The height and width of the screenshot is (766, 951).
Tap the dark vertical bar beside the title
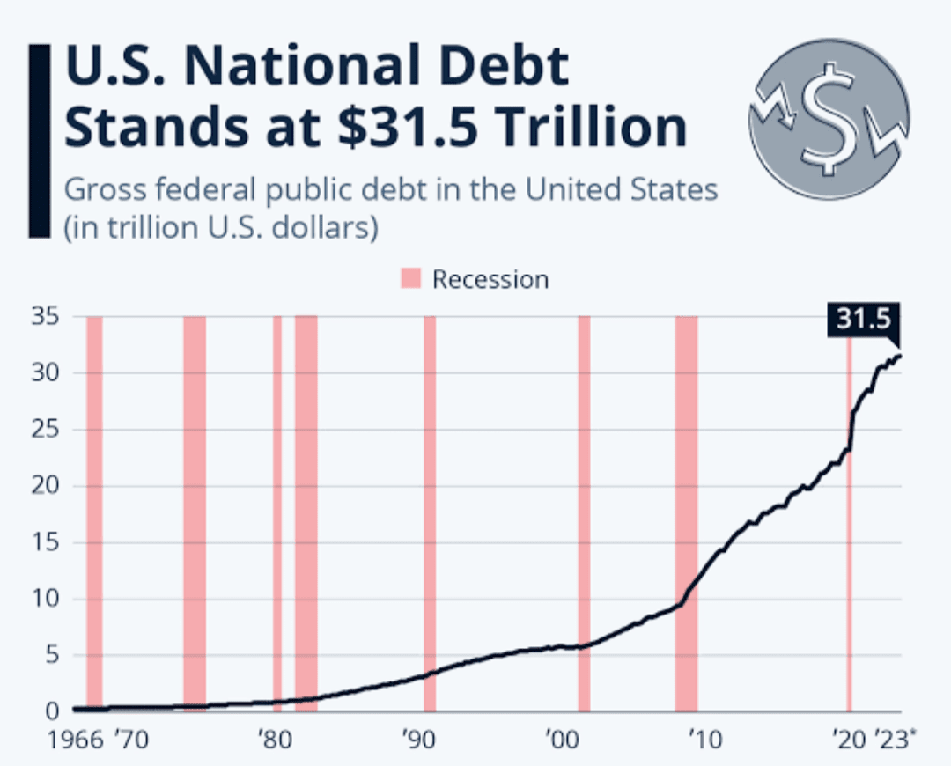tap(39, 141)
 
